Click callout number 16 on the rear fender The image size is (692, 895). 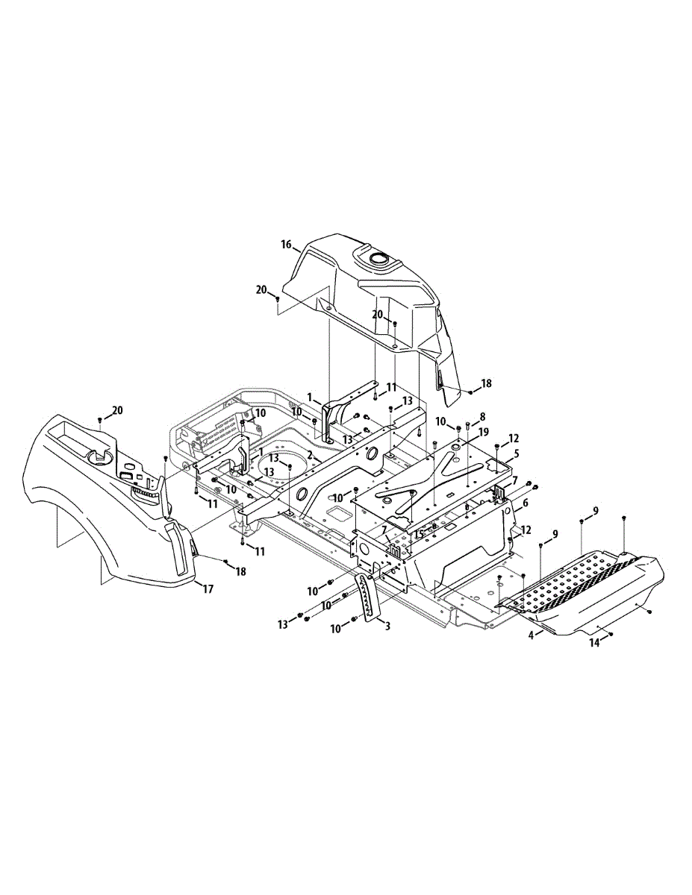(286, 244)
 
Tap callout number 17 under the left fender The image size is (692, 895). (208, 589)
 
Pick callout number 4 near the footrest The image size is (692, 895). (532, 636)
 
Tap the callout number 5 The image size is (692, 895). (516, 453)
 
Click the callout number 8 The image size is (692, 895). (482, 416)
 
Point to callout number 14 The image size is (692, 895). (595, 641)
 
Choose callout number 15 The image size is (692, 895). (420, 534)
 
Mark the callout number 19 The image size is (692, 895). (484, 432)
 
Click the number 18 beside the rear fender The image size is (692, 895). (486, 383)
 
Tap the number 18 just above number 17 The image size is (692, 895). (240, 571)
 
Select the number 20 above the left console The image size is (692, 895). (117, 410)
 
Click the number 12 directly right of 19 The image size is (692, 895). (514, 438)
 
